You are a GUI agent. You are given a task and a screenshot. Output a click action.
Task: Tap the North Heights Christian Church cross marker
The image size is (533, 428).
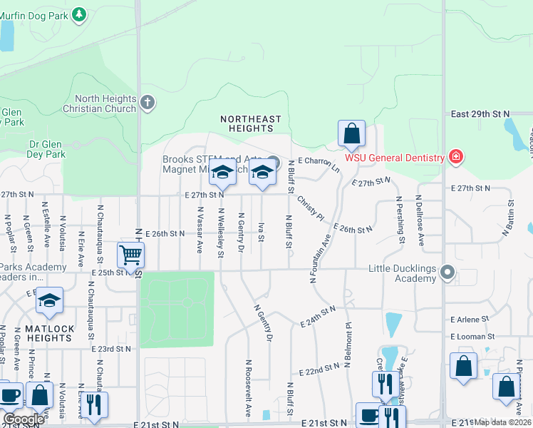148,103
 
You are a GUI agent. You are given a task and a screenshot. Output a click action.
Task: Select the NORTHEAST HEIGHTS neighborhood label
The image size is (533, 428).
250,123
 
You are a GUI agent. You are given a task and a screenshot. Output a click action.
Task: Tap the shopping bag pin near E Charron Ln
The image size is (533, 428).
351,133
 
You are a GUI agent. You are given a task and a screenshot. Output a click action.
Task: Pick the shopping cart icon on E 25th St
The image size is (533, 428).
130,255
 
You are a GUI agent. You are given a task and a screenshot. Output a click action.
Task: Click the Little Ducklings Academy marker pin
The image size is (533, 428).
447,272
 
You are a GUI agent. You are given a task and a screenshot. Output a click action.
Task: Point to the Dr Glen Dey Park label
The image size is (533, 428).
46,148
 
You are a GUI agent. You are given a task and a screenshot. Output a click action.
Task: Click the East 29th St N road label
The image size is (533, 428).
480,114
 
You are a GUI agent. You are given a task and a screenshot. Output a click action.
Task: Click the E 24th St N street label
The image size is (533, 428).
318,317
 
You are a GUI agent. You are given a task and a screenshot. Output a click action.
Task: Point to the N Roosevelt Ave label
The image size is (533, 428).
248,387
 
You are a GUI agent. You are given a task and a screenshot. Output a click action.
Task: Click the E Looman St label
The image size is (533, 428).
472,336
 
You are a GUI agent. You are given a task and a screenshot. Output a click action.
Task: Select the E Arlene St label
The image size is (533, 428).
470,320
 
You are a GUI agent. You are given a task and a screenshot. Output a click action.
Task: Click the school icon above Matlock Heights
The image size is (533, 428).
49,301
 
